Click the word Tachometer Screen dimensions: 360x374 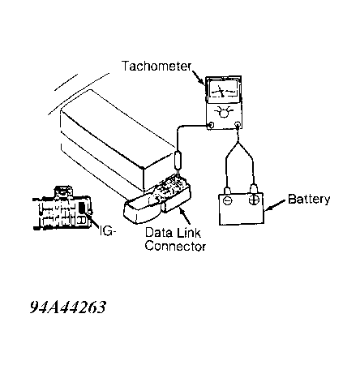[156, 66]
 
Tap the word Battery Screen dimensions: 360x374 [309, 200]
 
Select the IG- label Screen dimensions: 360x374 [108, 230]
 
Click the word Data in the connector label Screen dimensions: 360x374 [156, 233]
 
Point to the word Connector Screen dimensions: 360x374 [175, 246]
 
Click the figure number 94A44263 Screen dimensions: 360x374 [67, 307]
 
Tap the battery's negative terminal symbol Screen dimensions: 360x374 [228, 200]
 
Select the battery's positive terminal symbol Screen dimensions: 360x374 [254, 200]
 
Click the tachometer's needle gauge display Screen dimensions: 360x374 [223, 90]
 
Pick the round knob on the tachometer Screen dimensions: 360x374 [224, 113]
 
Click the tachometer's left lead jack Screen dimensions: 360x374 [210, 125]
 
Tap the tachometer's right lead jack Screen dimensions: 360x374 [238, 125]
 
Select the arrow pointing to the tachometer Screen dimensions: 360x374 [199, 78]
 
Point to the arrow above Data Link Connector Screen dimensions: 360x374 [185, 217]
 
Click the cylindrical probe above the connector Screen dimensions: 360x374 [178, 161]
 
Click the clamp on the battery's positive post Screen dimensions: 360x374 [254, 188]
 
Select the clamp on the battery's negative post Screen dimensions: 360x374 [227, 191]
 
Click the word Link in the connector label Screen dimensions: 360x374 [188, 233]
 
